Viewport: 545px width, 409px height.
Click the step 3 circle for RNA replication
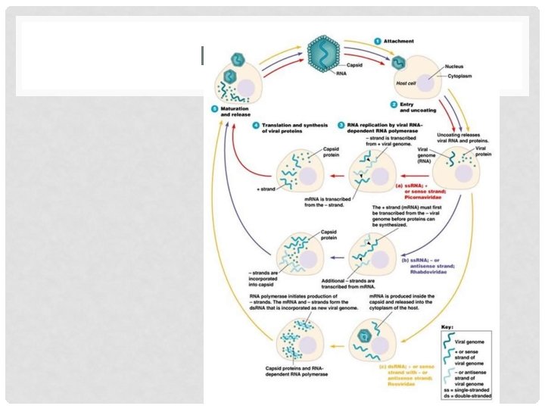(x=341, y=123)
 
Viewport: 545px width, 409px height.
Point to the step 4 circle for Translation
(x=256, y=123)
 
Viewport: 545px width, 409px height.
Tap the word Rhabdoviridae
(x=420, y=267)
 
